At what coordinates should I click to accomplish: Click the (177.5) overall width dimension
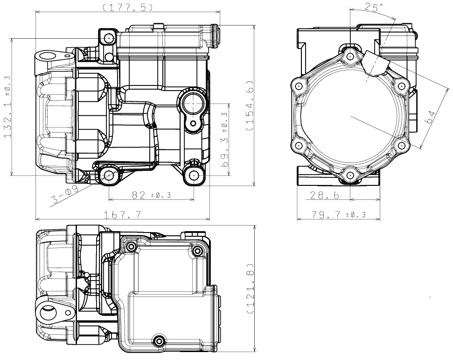(x=128, y=7)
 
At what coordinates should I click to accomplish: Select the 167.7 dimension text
(x=123, y=215)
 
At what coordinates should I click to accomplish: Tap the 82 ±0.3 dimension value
(x=151, y=195)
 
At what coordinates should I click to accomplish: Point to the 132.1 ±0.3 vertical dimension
(x=7, y=107)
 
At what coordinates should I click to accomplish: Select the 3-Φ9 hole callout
(x=65, y=195)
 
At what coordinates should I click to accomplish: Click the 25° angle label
(x=374, y=7)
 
